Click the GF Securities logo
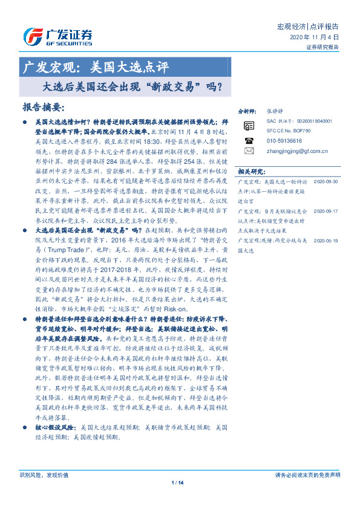(x=57, y=36)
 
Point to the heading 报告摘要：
(x=44, y=107)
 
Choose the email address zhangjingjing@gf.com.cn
(x=299, y=150)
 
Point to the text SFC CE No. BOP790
(x=288, y=130)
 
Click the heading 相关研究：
(x=251, y=172)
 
